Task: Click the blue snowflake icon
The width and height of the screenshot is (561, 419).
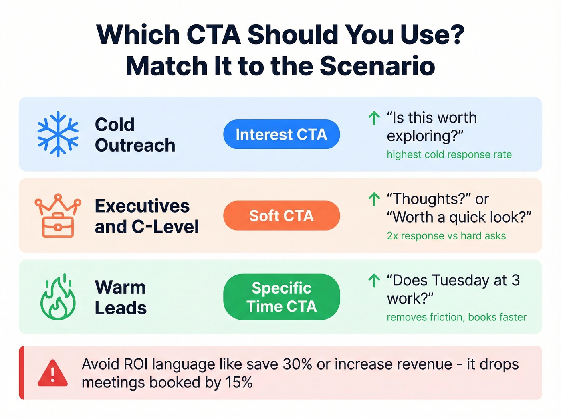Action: click(x=58, y=134)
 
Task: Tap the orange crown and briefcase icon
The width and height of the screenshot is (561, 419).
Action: click(x=58, y=216)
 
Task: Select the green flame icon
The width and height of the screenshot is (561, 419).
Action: click(x=58, y=297)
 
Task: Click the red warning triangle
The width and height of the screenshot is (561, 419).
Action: click(x=52, y=373)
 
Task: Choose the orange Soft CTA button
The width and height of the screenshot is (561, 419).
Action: click(x=281, y=216)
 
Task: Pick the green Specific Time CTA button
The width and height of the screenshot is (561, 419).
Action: click(x=281, y=297)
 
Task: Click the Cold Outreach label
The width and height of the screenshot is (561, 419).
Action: click(x=135, y=135)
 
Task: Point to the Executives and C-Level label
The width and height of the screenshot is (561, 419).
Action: click(x=146, y=216)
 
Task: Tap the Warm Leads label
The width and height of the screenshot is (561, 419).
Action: click(x=121, y=298)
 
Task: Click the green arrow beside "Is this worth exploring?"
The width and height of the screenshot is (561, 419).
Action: click(x=374, y=118)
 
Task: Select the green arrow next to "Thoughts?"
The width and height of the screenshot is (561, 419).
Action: click(x=374, y=199)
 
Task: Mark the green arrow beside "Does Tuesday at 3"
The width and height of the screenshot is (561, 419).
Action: click(x=374, y=281)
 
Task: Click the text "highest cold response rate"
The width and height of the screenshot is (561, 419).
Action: click(x=449, y=155)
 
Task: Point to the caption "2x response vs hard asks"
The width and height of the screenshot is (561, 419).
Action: click(x=446, y=236)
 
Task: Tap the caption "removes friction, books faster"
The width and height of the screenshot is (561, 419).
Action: click(x=456, y=317)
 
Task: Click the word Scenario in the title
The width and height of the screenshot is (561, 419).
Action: click(x=377, y=66)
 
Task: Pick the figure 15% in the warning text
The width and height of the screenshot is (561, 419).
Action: click(x=239, y=383)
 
